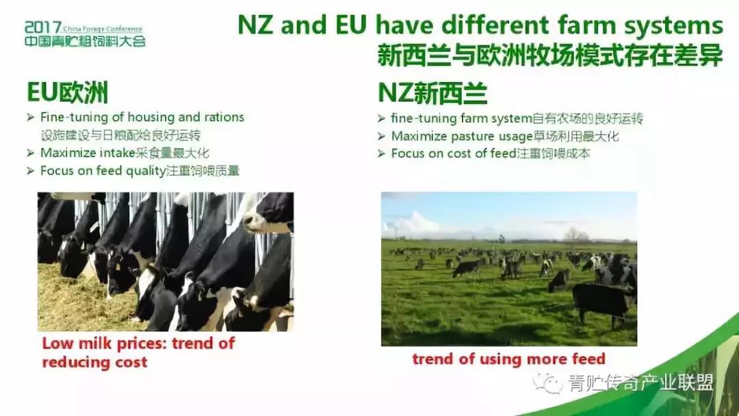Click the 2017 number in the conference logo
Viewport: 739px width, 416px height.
[x=43, y=27]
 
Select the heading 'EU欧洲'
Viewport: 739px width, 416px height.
[x=67, y=92]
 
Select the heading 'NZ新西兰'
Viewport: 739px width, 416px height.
[x=432, y=93]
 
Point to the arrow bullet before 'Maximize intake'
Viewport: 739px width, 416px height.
[x=31, y=153]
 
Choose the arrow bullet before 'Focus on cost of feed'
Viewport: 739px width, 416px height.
[x=381, y=153]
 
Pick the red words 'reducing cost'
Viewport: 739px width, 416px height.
[x=94, y=363]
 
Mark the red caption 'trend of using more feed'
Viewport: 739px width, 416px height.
[x=508, y=359]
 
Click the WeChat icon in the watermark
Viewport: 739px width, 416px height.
[x=547, y=383]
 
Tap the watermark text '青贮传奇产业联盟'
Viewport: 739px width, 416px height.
[x=640, y=383]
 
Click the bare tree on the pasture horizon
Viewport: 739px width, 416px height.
[x=575, y=235]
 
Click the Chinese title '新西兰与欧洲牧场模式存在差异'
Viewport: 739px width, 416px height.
[x=549, y=55]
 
